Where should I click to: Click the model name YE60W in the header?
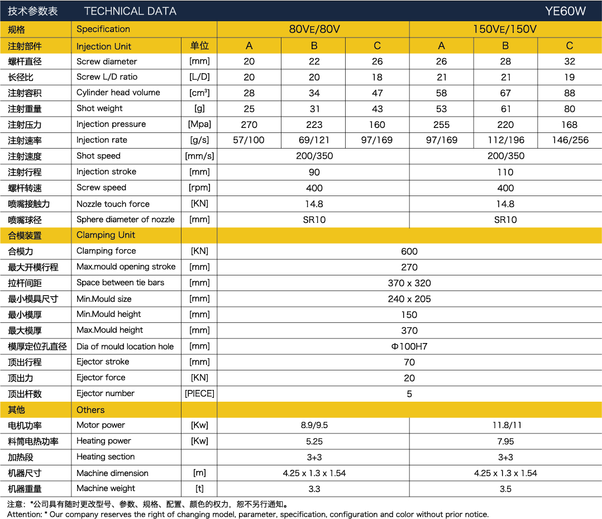(x=565, y=11)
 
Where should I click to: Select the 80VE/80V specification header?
(x=314, y=30)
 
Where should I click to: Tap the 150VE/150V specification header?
(x=505, y=30)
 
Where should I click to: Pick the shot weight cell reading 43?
(x=377, y=109)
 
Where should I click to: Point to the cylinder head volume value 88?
(x=569, y=93)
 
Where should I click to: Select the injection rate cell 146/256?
(x=569, y=140)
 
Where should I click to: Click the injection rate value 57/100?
(x=249, y=140)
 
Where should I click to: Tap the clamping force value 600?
(x=409, y=251)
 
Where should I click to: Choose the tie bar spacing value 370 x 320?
(x=409, y=283)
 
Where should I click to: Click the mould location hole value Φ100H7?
(x=409, y=346)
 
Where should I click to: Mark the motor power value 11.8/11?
(x=506, y=425)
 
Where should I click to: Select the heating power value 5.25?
(x=314, y=441)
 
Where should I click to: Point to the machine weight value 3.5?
(x=505, y=489)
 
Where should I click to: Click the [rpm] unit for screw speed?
(x=199, y=188)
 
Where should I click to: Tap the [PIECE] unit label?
(x=199, y=394)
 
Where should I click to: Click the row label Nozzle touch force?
(x=113, y=204)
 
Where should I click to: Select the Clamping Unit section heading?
(x=106, y=235)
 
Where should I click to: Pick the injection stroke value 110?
(x=505, y=172)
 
